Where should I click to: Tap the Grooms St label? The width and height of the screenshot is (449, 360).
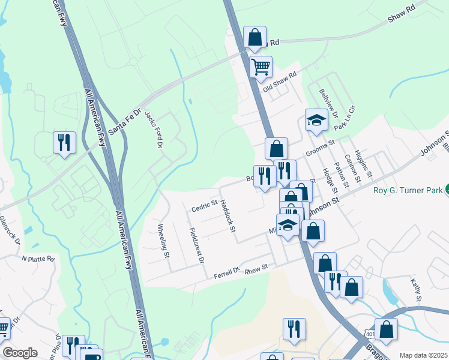click(319, 148)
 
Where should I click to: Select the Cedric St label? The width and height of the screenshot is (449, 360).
click(203, 206)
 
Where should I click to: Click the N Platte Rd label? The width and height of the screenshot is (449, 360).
click(38, 259)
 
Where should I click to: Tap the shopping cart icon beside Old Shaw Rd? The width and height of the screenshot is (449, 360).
click(261, 67)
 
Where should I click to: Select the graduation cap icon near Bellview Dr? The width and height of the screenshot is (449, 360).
click(316, 121)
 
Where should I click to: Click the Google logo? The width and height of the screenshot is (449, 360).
click(20, 353)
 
